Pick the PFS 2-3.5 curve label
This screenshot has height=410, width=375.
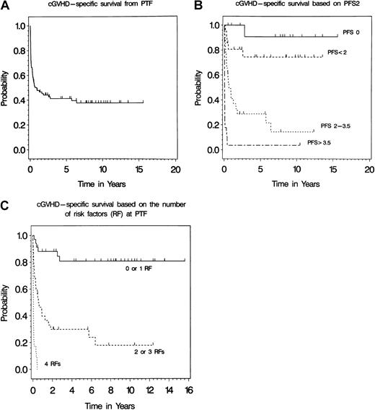337,126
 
